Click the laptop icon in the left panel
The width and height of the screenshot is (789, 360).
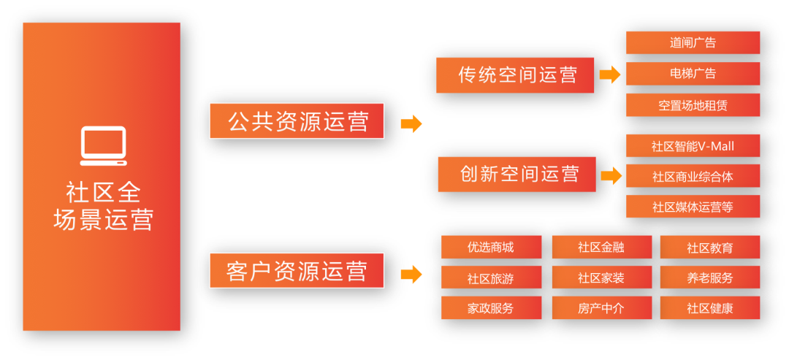click(103, 146)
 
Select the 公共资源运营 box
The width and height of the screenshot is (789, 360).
click(297, 121)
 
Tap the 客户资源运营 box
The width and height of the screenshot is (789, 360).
click(297, 271)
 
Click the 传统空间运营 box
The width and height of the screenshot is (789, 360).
click(516, 75)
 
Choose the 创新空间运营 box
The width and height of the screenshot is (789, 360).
click(517, 174)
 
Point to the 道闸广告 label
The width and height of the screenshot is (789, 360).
click(693, 43)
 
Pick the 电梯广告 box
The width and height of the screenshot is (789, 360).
click(693, 74)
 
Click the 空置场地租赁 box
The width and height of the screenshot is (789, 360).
click(693, 105)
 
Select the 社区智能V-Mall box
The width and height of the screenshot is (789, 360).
click(693, 146)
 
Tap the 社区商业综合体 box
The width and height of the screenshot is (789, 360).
click(693, 177)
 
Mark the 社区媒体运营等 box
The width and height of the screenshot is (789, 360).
click(693, 207)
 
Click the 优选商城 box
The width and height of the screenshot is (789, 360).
click(491, 248)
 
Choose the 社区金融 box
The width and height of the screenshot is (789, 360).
click(601, 248)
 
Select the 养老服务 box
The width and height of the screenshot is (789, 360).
click(709, 277)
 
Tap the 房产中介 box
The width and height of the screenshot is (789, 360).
click(601, 308)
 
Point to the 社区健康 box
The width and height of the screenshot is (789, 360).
click(709, 308)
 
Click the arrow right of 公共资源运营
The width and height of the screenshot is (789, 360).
click(411, 123)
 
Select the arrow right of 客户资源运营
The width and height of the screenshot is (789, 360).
click(411, 275)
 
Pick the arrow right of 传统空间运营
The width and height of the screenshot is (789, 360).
click(609, 74)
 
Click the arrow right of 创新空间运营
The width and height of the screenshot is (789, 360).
click(611, 175)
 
